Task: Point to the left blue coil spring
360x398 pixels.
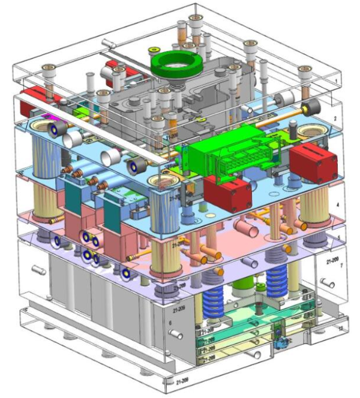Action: [x=214, y=296]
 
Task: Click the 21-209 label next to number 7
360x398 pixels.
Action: [x=331, y=262]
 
